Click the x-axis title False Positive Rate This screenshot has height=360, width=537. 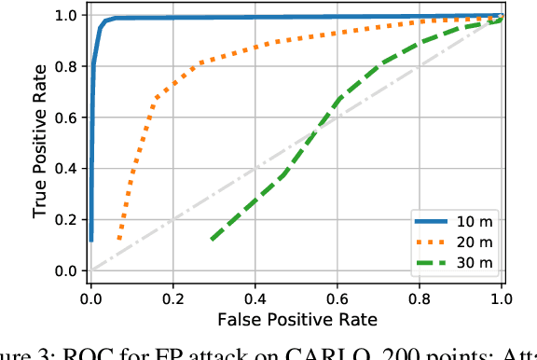(x=296, y=319)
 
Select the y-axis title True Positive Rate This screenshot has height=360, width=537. (x=40, y=143)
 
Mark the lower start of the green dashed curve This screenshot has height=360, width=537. (x=213, y=240)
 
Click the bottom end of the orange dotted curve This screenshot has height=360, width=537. (x=118, y=241)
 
